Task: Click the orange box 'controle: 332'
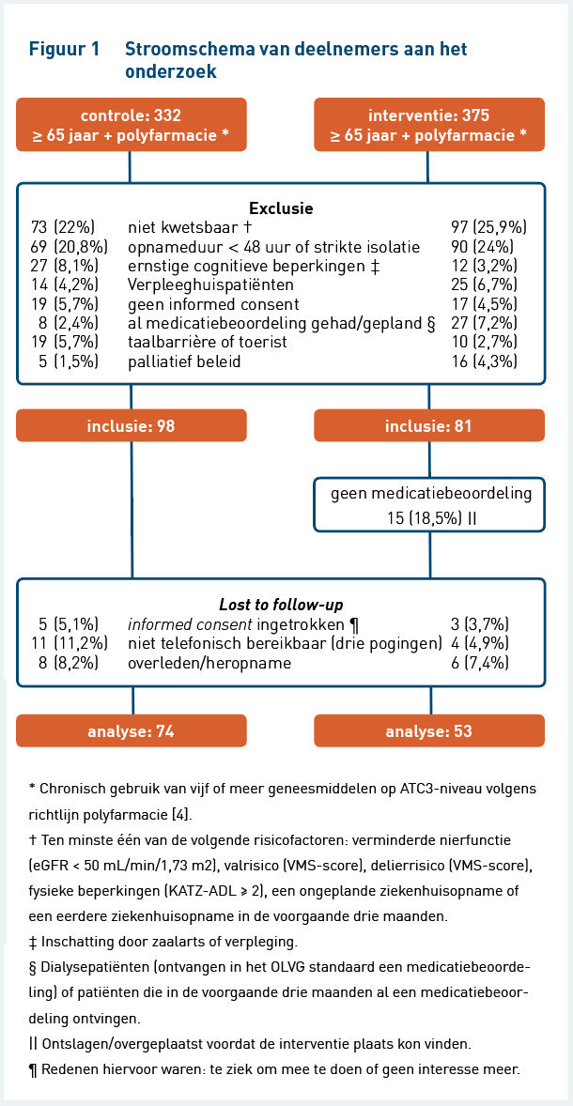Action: click(x=132, y=124)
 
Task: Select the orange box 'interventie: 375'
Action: click(x=429, y=124)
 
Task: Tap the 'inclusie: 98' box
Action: click(x=132, y=425)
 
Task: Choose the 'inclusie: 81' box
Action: click(x=429, y=425)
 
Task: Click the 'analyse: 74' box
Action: click(x=132, y=730)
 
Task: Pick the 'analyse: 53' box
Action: click(x=429, y=730)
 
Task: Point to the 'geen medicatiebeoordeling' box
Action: click(x=429, y=505)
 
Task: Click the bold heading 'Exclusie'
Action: click(x=281, y=208)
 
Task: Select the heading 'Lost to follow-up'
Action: click(x=281, y=605)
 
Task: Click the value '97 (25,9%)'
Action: click(x=488, y=227)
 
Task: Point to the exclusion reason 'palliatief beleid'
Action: click(x=184, y=361)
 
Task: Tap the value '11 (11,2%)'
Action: click(x=69, y=643)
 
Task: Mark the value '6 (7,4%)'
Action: click(x=480, y=663)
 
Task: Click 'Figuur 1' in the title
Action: click(x=64, y=50)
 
